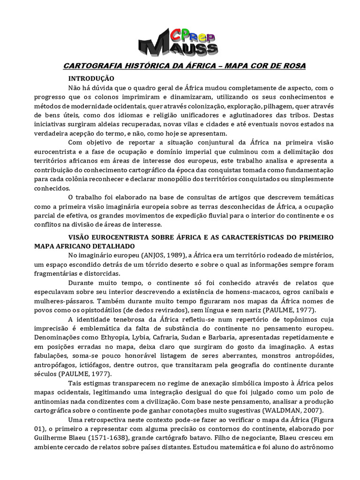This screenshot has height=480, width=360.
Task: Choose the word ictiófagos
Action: click(x=100, y=365)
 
